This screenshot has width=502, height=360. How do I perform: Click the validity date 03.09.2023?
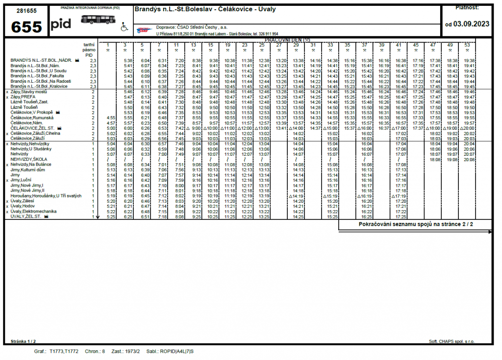(471, 23)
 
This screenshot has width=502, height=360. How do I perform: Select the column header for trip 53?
(467, 45)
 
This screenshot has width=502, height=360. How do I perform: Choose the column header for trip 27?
(278, 45)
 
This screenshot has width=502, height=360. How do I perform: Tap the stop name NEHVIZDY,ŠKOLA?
(29, 159)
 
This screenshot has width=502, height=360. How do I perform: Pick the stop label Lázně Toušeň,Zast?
(29, 101)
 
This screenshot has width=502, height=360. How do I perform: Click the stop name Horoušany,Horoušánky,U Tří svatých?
(45, 195)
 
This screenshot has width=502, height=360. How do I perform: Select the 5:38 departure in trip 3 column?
(128, 60)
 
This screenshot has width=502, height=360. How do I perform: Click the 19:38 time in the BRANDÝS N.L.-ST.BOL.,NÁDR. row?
(469, 60)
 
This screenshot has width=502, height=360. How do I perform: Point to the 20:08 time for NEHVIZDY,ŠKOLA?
(469, 159)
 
